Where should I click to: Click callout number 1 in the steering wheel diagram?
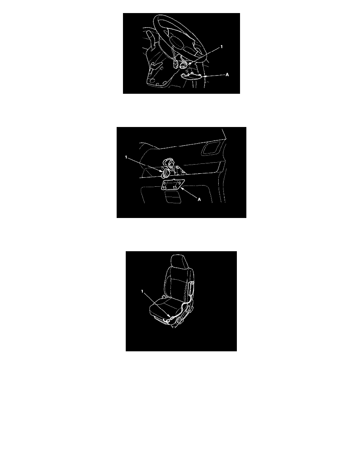(x=221, y=47)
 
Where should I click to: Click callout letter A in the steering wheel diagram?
(x=227, y=75)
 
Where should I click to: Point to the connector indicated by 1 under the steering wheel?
(x=184, y=64)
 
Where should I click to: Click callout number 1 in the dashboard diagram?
(x=126, y=157)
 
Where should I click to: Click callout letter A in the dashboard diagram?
(x=199, y=199)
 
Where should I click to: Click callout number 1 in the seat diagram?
(x=142, y=291)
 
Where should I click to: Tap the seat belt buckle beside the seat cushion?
(x=163, y=297)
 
